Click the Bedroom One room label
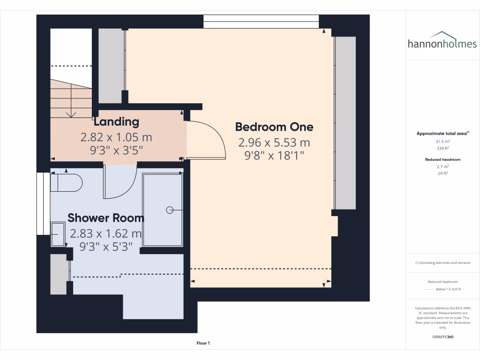click(x=274, y=127)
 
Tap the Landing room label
click(x=116, y=122)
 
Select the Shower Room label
click(x=106, y=217)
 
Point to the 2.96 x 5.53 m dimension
click(x=274, y=142)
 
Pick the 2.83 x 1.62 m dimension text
click(x=105, y=233)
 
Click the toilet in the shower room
click(x=66, y=183)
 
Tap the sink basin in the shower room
click(x=58, y=234)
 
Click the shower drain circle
click(x=169, y=210)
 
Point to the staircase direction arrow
click(x=71, y=113)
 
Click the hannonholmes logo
click(x=442, y=41)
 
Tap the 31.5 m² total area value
click(x=442, y=141)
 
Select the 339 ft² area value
click(x=442, y=148)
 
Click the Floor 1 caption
click(x=203, y=344)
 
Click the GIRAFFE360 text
click(x=442, y=337)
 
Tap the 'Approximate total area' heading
click(x=442, y=134)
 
